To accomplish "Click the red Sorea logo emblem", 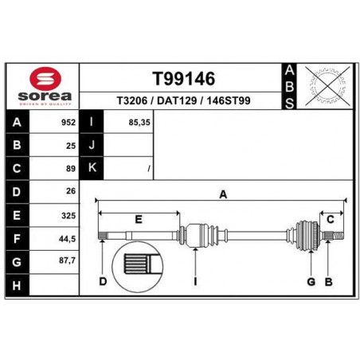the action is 45,78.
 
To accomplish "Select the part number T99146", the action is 183,79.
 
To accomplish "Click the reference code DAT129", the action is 177,100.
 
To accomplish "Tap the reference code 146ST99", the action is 229,100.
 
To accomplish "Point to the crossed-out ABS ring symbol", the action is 327,86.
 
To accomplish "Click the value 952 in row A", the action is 68,123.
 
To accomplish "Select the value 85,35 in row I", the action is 139,123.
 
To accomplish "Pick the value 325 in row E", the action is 68,216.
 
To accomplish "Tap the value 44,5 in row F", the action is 67,239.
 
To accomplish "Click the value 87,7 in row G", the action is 67,260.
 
